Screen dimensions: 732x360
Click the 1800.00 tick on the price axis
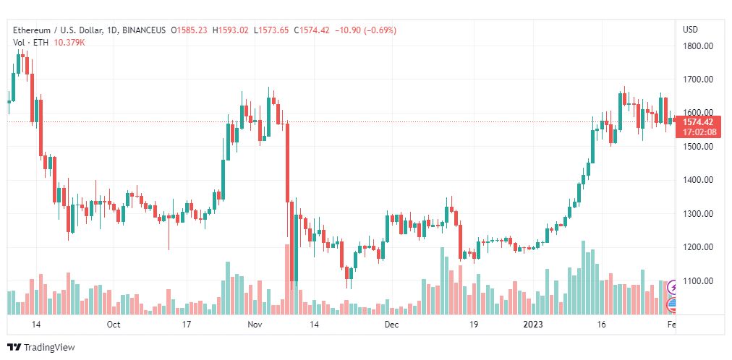[698, 46]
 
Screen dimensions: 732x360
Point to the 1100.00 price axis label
[698, 281]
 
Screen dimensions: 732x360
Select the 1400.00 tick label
[698, 180]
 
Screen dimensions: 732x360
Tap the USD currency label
[691, 30]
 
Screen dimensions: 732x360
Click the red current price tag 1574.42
[698, 122]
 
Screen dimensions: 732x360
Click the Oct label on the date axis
[114, 325]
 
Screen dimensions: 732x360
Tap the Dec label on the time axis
[391, 325]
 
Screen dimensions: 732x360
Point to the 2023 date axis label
[533, 325]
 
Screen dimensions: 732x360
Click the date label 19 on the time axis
[474, 325]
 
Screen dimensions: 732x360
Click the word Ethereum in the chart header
[32, 30]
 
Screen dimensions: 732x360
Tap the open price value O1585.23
[190, 30]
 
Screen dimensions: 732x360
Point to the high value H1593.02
[231, 30]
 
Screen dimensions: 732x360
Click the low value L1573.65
[271, 30]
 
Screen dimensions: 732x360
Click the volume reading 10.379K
[69, 43]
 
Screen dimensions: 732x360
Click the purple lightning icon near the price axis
[673, 287]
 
